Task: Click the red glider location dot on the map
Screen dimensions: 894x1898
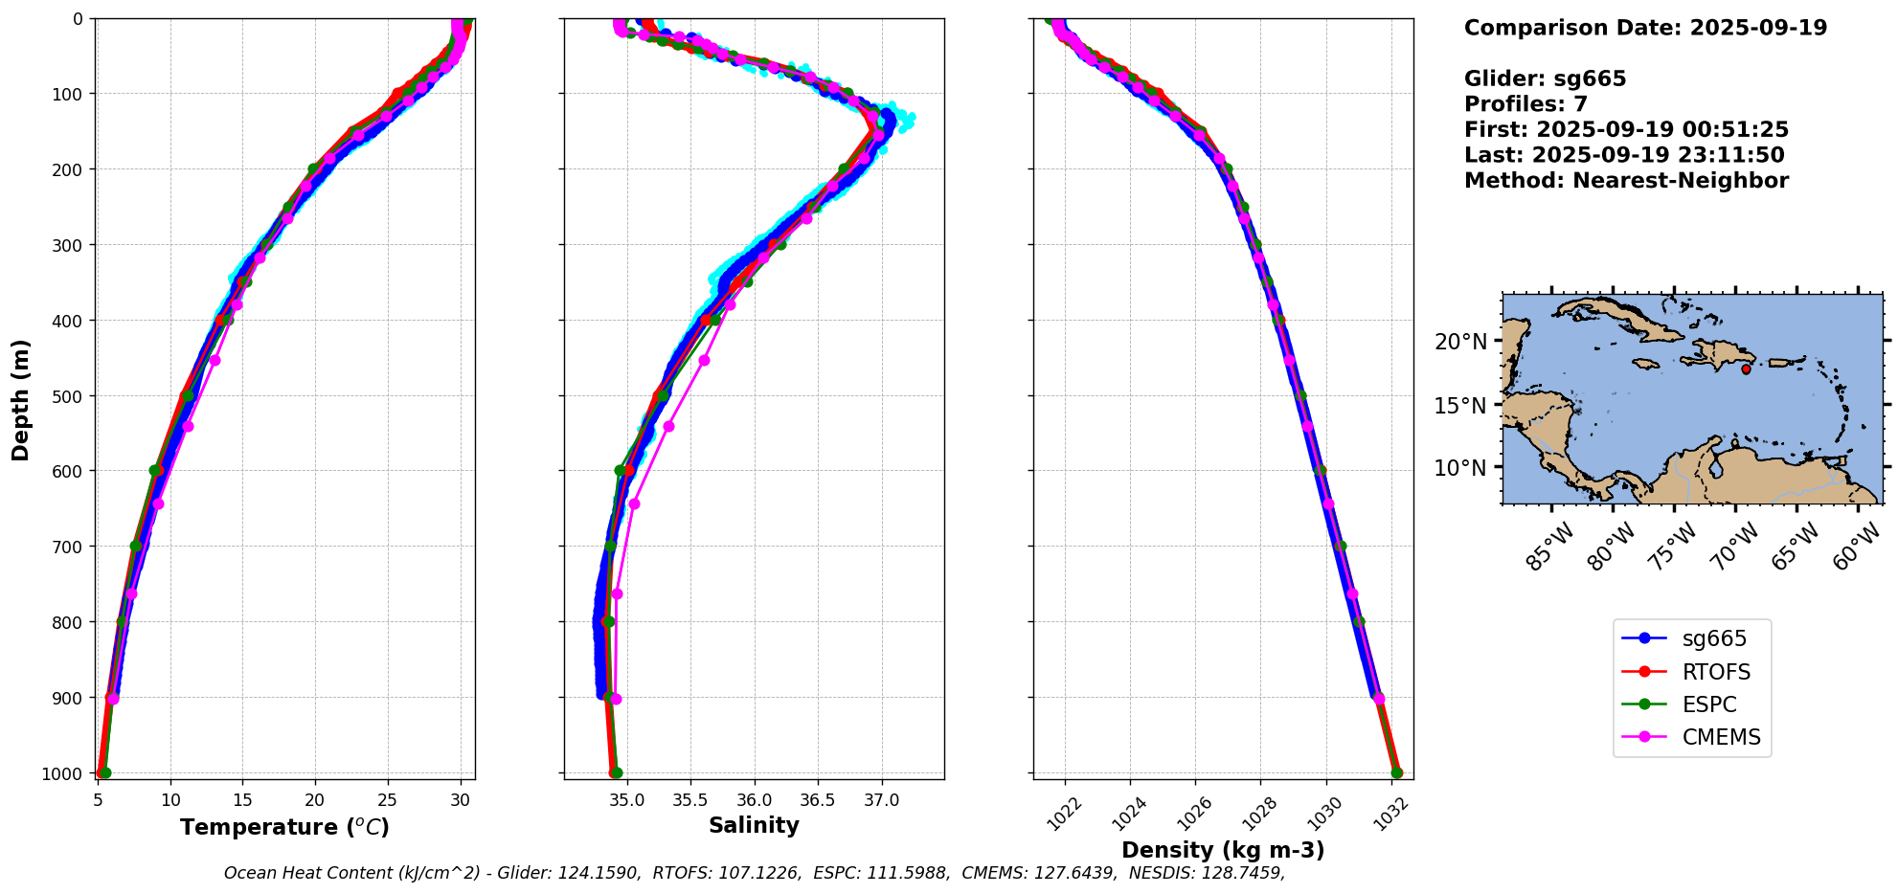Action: coord(1746,369)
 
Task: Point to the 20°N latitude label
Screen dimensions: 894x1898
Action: coord(1460,342)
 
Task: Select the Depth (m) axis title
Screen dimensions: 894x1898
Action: coord(21,399)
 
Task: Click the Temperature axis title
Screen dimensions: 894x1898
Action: coord(284,827)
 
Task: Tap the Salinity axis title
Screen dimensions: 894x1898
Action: coord(754,825)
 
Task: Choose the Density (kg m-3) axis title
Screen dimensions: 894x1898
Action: coord(1223,850)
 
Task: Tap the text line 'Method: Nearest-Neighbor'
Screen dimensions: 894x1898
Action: coord(1625,181)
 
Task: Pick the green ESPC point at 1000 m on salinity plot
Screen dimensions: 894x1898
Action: coord(616,772)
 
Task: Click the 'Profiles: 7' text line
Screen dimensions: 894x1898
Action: coord(1525,104)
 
